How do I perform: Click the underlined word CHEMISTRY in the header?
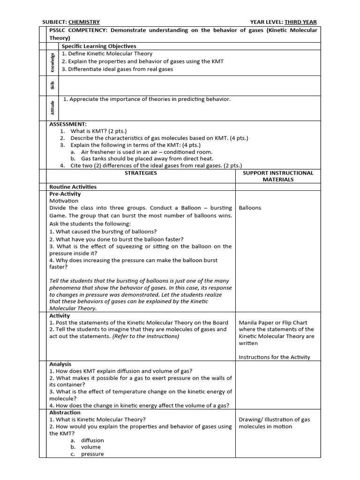(84, 22)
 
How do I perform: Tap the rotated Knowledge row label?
(52, 62)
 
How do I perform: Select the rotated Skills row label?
(52, 85)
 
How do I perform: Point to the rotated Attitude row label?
(52, 107)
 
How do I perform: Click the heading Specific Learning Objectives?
(99, 46)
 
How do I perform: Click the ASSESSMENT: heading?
(68, 124)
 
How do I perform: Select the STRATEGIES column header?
(141, 173)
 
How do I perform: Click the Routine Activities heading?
(73, 187)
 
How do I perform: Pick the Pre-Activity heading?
(65, 194)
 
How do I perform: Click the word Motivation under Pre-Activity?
(64, 201)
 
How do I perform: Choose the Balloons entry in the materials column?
(250, 208)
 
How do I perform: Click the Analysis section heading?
(60, 364)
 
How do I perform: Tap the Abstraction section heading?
(65, 412)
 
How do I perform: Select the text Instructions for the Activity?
(274, 357)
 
